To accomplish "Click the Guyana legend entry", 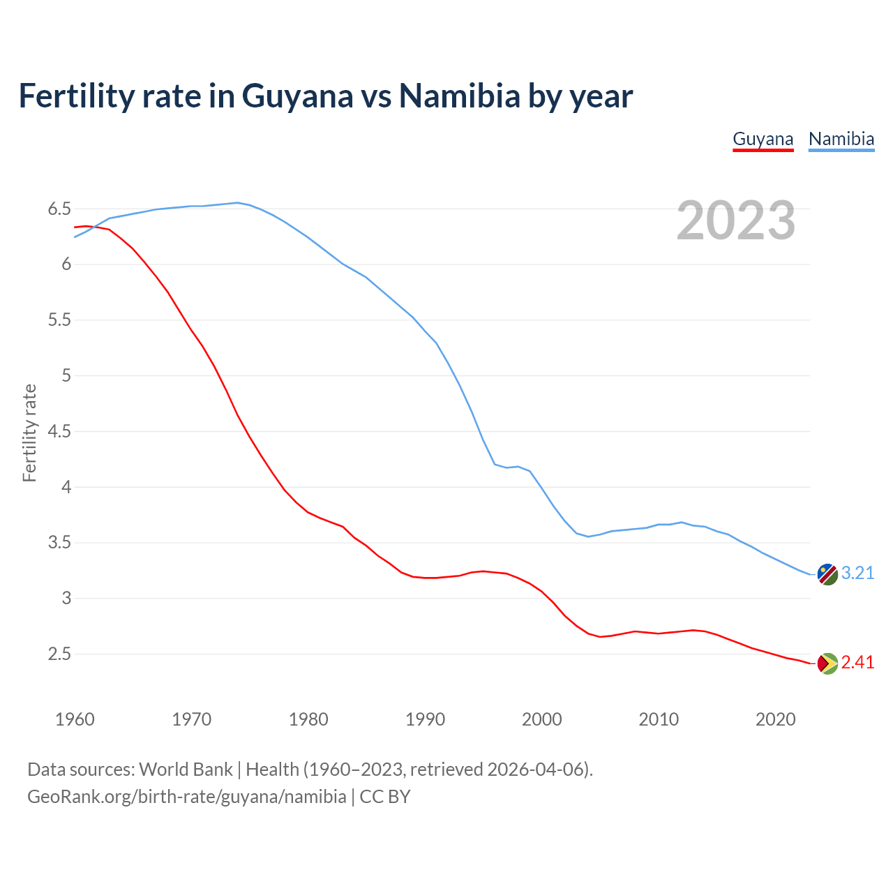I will click(x=763, y=139).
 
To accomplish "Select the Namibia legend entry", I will click(x=841, y=139).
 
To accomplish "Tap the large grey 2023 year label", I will click(x=735, y=220).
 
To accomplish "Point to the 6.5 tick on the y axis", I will click(x=59, y=209).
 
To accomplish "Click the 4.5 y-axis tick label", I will click(x=59, y=431).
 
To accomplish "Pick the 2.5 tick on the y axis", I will click(x=59, y=654).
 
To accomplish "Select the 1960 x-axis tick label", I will click(x=75, y=719).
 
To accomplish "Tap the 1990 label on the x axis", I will click(x=425, y=719).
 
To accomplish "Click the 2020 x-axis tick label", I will click(x=775, y=719).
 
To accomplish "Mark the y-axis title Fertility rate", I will click(x=29, y=433).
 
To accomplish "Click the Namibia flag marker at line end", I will click(x=827, y=574).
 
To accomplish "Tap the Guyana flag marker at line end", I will click(x=827, y=663).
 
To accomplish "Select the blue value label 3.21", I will click(x=857, y=573).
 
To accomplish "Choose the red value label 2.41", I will click(x=857, y=662).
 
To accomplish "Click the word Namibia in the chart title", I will click(x=459, y=96).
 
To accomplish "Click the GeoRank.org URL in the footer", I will click(x=186, y=796).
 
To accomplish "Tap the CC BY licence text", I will click(x=385, y=796).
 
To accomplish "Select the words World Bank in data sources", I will click(x=186, y=769).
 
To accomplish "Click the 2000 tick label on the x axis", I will click(x=541, y=719).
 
